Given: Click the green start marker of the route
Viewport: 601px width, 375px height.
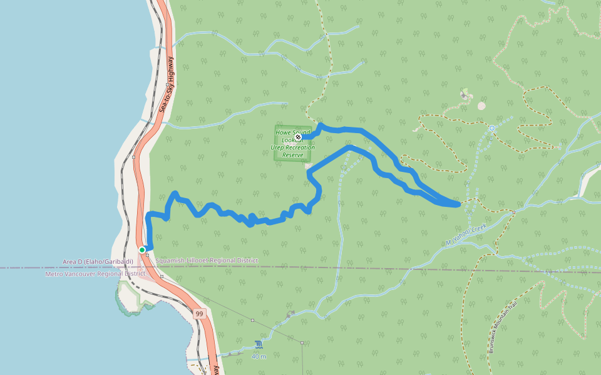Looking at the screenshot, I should click(x=142, y=250).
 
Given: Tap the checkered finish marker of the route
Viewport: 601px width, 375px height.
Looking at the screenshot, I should click(x=298, y=137).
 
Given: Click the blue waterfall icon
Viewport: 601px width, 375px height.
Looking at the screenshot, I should click(x=259, y=344).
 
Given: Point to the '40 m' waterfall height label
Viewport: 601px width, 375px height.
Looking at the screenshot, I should click(x=259, y=356).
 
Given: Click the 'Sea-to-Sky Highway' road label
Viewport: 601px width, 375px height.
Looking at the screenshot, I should click(x=168, y=85).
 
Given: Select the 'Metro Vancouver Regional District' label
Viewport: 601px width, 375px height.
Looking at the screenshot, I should click(x=95, y=274).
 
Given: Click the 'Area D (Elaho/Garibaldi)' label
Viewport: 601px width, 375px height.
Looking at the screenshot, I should click(x=97, y=261).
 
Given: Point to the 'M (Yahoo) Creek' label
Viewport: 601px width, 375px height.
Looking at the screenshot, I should click(x=466, y=234).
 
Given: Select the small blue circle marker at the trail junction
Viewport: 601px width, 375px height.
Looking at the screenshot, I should click(x=492, y=128).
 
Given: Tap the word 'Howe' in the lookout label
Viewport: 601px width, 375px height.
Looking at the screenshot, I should click(x=284, y=132).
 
